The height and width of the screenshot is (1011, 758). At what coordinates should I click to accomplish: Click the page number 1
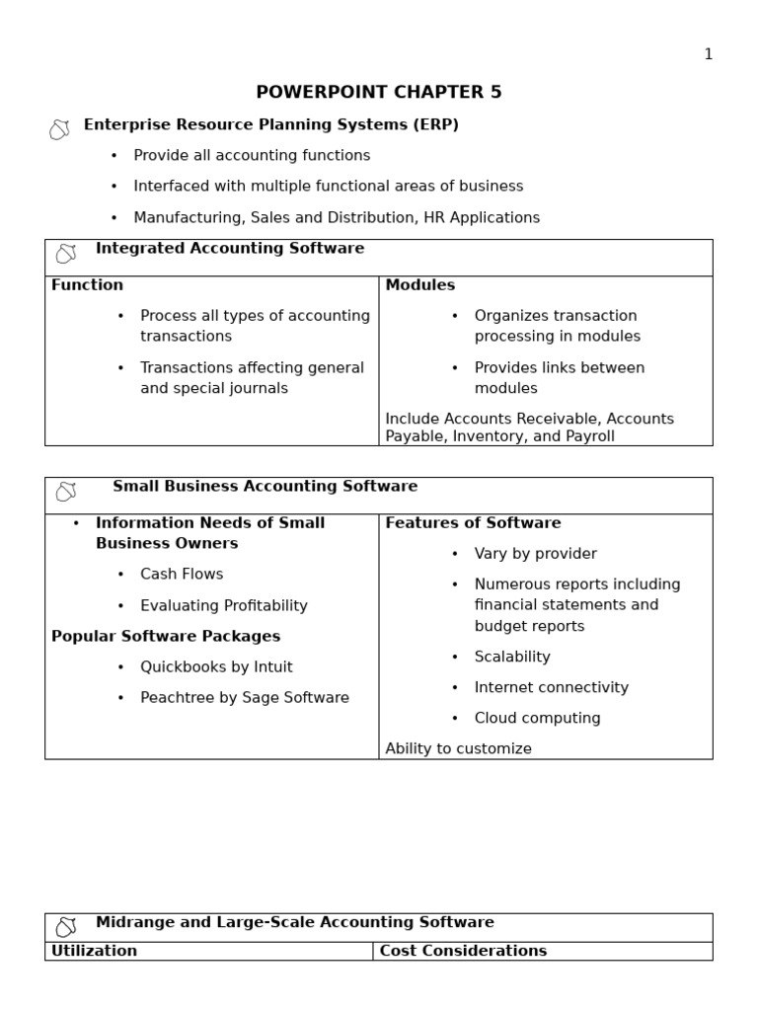708,54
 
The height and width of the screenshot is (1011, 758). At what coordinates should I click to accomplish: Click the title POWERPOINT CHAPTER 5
379,93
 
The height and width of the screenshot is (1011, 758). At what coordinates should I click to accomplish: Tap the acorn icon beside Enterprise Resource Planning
59,129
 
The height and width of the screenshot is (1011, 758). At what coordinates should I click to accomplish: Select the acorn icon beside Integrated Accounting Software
66,254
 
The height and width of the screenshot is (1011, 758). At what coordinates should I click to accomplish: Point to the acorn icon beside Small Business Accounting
66,492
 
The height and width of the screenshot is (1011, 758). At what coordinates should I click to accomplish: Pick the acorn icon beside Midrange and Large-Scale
66,927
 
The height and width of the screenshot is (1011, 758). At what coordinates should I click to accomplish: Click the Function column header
88,285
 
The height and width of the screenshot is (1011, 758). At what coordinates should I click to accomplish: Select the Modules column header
420,285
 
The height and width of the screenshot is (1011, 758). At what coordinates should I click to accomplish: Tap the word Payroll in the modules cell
589,436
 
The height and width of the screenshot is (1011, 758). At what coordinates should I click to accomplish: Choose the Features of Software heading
473,523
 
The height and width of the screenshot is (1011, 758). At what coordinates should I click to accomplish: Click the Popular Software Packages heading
166,637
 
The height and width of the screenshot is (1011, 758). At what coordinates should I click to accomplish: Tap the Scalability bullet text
512,658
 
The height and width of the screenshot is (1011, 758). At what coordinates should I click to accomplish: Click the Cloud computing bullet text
537,719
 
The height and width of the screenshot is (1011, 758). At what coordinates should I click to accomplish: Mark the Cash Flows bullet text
182,575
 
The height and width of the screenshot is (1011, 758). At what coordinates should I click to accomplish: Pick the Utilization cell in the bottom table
95,952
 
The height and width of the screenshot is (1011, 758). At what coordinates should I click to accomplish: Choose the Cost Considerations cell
463,952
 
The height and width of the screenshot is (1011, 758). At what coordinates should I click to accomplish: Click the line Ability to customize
458,749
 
